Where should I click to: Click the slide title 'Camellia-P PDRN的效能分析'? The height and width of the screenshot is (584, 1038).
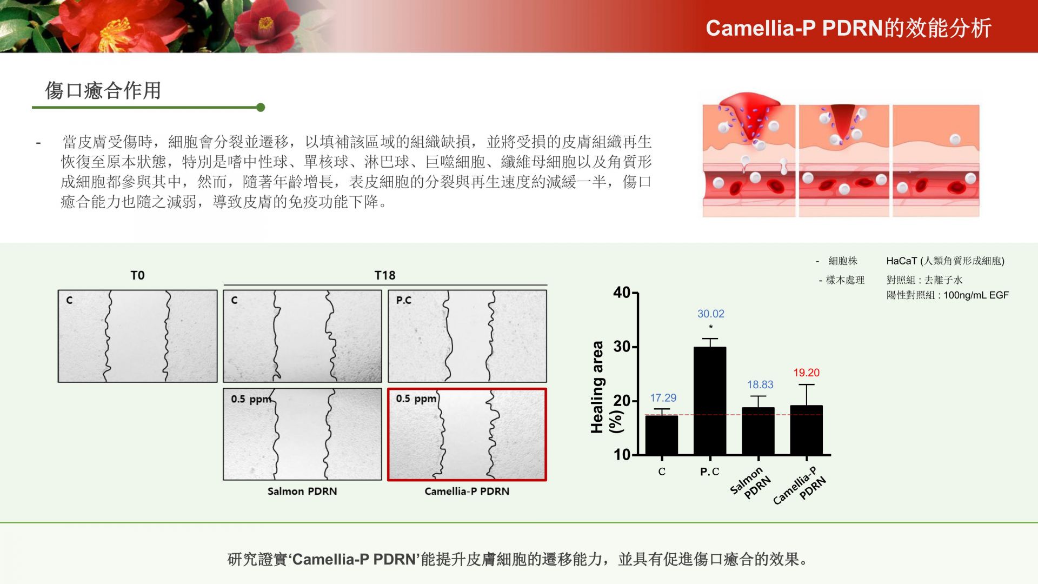click(848, 28)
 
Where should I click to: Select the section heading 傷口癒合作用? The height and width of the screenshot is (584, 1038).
click(103, 90)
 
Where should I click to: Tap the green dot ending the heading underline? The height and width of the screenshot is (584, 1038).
click(261, 107)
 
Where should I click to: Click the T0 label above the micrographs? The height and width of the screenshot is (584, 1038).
click(137, 275)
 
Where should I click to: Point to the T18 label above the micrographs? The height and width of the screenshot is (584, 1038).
click(385, 275)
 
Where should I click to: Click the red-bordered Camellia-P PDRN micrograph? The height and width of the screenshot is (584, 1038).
click(467, 434)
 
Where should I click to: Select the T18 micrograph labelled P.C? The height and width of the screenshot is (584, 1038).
click(467, 336)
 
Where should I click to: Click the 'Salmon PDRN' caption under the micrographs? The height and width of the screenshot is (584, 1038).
click(302, 491)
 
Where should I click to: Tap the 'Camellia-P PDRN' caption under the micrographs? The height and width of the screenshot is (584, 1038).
click(467, 491)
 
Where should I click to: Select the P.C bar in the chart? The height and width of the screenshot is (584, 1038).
click(710, 401)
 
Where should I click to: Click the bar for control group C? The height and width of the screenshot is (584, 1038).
click(662, 435)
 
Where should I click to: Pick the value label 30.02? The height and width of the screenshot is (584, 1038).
click(710, 314)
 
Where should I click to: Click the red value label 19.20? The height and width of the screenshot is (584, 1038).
click(806, 373)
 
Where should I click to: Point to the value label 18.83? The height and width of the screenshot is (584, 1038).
click(760, 384)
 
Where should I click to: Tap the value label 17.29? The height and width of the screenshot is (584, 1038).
click(663, 397)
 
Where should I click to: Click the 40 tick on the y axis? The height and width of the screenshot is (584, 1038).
click(622, 293)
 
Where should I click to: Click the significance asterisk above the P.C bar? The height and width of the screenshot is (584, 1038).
click(710, 327)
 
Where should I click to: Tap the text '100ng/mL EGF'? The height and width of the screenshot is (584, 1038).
click(976, 295)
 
